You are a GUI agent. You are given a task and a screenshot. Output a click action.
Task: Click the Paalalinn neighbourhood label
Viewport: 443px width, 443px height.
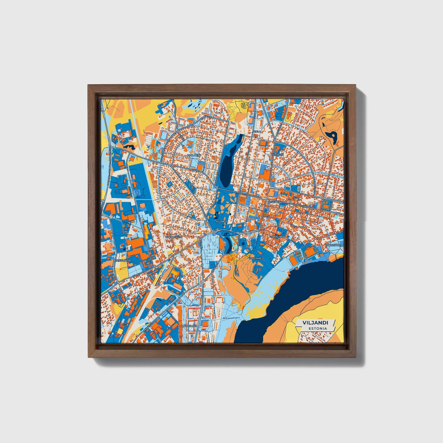tap(194, 155)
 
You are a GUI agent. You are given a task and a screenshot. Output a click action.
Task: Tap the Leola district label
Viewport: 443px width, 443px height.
tap(257, 132)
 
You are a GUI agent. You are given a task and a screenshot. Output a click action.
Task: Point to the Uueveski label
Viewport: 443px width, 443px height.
tap(278, 155)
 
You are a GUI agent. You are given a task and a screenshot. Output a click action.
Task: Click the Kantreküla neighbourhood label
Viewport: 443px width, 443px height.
tap(174, 237)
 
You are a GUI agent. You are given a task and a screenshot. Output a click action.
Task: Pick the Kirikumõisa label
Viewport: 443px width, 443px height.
tap(122, 260)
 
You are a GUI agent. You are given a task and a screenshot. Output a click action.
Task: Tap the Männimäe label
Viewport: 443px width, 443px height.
tap(189, 326)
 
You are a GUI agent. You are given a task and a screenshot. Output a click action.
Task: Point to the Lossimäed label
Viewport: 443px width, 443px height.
tap(257, 258)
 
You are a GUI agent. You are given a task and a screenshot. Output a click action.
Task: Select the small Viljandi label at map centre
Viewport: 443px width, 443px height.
tap(221, 221)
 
